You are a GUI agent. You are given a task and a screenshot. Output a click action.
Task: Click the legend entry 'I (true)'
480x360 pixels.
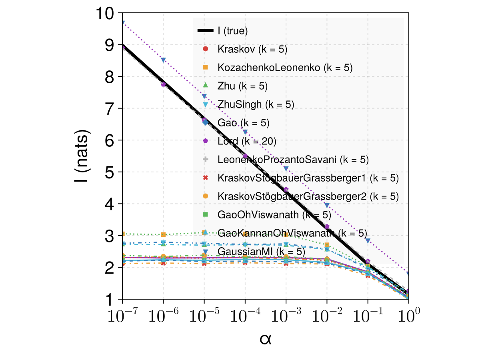click(233, 31)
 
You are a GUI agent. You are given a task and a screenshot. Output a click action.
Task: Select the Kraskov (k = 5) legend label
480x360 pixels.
click(252, 49)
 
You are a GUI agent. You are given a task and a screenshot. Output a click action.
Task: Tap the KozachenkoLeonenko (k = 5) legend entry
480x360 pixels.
click(285, 68)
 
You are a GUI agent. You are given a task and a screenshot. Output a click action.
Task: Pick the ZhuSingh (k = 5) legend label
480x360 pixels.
click(256, 104)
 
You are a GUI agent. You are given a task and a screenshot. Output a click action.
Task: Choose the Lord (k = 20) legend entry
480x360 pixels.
click(247, 141)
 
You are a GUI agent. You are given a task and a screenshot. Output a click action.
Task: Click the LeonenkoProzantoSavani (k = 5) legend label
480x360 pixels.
click(293, 160)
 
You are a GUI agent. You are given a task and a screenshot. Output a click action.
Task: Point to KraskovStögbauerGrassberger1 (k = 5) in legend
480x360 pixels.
click(308, 178)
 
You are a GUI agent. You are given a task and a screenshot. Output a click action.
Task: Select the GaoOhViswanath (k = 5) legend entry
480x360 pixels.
click(274, 215)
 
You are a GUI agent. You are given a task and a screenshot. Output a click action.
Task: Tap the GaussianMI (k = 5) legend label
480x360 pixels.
click(261, 251)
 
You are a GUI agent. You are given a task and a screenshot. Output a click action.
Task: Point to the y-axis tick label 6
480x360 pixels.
click(109, 140)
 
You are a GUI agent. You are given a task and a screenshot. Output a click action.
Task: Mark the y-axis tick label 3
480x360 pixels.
click(109, 236)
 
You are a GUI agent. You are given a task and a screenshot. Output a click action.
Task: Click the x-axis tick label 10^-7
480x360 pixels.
click(123, 315)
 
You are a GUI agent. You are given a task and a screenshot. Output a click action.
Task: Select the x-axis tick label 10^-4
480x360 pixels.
click(245, 315)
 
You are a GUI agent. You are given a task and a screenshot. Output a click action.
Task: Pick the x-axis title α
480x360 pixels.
click(266, 340)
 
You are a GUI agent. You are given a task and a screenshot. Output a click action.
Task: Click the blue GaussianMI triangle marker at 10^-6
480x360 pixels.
click(163, 60)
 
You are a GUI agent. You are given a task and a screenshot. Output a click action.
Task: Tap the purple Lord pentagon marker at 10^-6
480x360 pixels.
click(163, 84)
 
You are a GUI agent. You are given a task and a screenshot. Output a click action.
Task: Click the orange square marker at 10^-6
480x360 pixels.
click(163, 234)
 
